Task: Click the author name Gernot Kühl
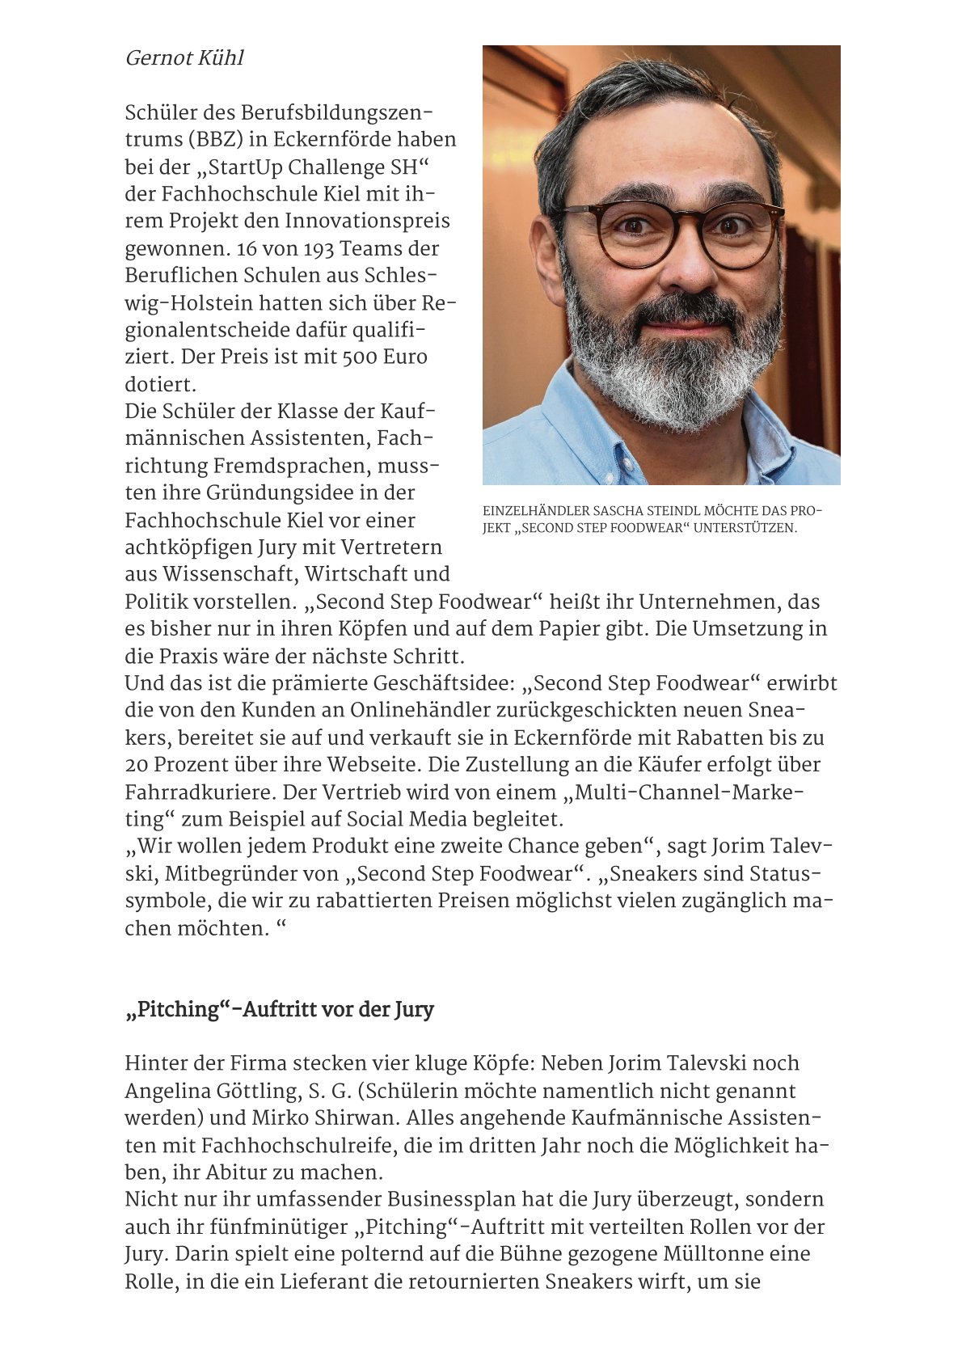tap(184, 58)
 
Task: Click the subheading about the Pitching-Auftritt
tap(279, 1010)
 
